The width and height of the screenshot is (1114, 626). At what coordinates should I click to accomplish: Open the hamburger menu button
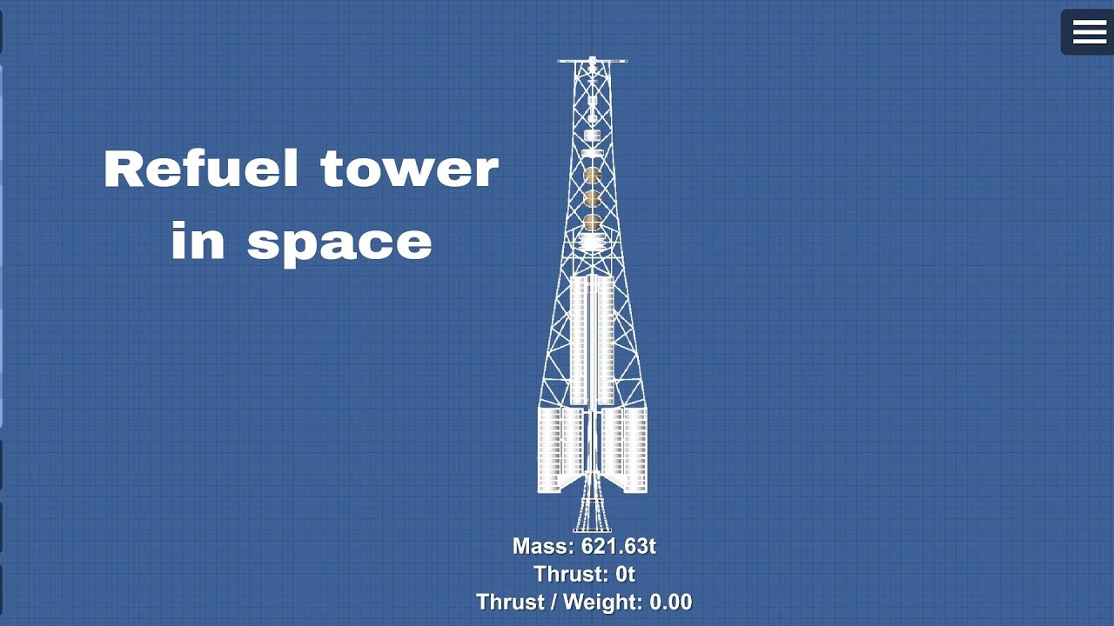pyautogui.click(x=1089, y=32)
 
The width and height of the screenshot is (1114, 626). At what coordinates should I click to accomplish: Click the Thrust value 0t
pyautogui.click(x=624, y=574)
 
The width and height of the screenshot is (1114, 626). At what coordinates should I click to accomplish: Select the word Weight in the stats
pyautogui.click(x=600, y=602)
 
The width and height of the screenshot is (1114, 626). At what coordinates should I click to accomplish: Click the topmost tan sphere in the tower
pyautogui.click(x=593, y=176)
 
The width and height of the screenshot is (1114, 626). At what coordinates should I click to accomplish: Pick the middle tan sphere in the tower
pyautogui.click(x=593, y=199)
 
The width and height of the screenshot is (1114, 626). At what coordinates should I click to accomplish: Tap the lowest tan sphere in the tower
pyautogui.click(x=593, y=223)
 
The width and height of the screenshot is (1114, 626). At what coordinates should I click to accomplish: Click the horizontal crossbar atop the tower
pyautogui.click(x=592, y=61)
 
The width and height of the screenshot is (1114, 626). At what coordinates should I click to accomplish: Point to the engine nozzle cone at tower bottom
pyautogui.click(x=592, y=513)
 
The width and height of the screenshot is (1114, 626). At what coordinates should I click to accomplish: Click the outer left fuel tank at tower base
pyautogui.click(x=549, y=450)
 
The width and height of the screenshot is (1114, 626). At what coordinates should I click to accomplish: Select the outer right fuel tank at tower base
pyautogui.click(x=635, y=450)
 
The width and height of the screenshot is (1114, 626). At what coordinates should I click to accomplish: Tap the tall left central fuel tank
pyautogui.click(x=579, y=339)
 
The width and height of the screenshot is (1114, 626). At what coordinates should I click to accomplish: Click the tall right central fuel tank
pyautogui.click(x=606, y=339)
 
